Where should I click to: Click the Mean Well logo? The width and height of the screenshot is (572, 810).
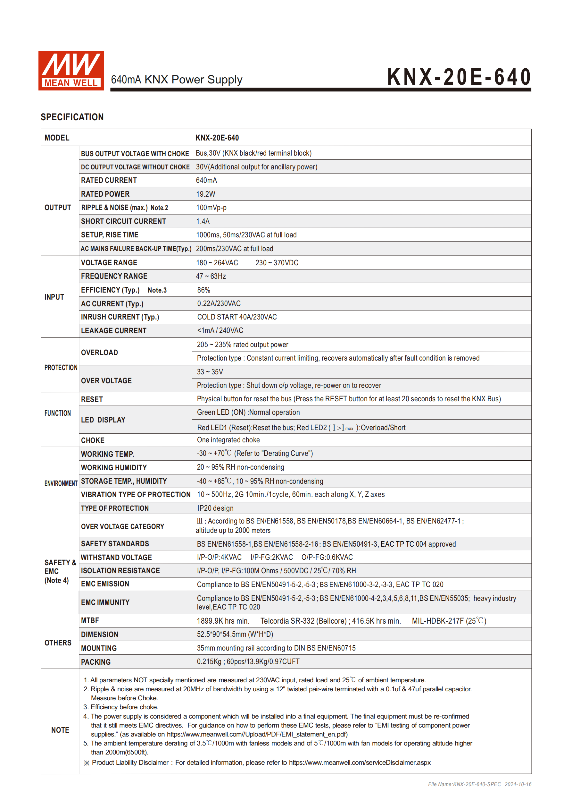[x=71, y=71]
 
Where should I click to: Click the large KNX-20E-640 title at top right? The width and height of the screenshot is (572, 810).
[x=459, y=77]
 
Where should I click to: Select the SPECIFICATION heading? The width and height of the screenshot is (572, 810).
[x=72, y=117]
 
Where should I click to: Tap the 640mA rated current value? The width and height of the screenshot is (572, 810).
[x=206, y=180]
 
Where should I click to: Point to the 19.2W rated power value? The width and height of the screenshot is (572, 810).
[x=205, y=194]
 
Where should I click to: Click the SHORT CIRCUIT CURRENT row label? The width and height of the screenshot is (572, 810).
[x=123, y=221]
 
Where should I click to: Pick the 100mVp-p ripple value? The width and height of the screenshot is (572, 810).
[x=211, y=208]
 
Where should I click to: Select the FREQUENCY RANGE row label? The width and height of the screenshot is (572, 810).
[x=114, y=276]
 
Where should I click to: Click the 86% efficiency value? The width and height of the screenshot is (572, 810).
[x=203, y=290]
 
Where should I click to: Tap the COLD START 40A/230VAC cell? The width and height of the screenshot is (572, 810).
[x=237, y=317]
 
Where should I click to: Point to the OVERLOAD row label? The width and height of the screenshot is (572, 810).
[x=99, y=353]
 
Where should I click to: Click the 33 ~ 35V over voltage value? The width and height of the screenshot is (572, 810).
[x=210, y=372]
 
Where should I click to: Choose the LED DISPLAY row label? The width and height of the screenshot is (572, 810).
[x=103, y=420]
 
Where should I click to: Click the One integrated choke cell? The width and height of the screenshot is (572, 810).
[x=228, y=440]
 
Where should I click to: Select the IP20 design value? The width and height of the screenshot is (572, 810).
[x=215, y=508]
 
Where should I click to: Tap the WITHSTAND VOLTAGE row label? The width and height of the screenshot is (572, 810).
[x=116, y=558]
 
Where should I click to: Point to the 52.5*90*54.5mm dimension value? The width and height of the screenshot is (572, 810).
[x=235, y=634]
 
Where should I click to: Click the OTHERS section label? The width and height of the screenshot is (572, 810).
[x=58, y=643]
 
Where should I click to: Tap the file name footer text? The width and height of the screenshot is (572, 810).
[x=479, y=784]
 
